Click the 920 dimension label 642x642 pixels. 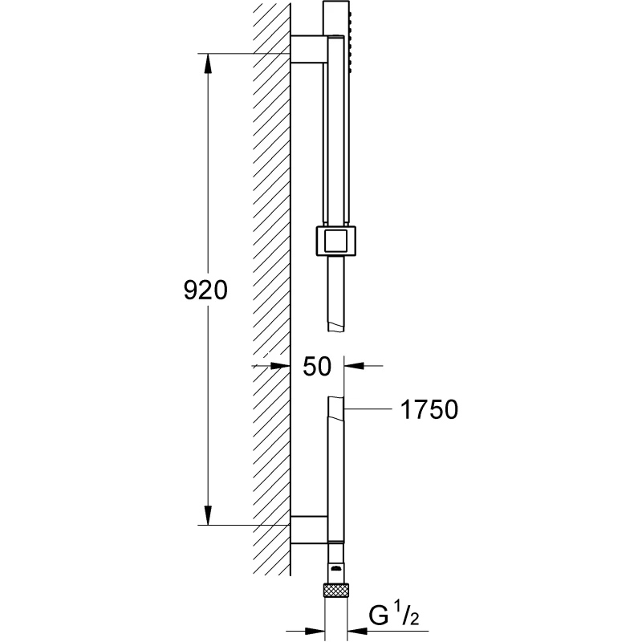(x=205, y=291)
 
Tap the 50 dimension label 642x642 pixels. (x=317, y=367)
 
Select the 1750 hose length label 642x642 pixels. (x=429, y=409)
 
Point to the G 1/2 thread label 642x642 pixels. (x=394, y=614)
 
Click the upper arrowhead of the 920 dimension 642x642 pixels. (x=208, y=63)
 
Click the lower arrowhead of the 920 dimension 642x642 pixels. (x=208, y=515)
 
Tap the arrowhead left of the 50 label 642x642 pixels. (x=280, y=366)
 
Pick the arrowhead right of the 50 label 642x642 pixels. (x=354, y=366)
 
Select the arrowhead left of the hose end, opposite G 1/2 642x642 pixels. (x=315, y=631)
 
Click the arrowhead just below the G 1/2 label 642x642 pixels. (x=357, y=631)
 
